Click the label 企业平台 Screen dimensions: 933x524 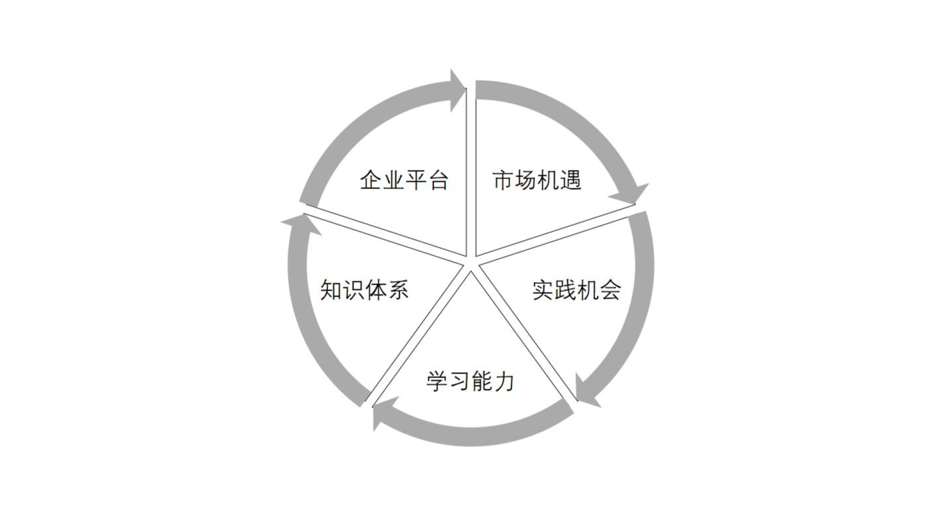404,180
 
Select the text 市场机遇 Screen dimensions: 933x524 537,180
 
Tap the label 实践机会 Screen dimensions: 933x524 576,290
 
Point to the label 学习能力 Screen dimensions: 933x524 470,381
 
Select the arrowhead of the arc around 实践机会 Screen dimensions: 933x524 586,392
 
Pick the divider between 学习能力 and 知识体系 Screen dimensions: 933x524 417,334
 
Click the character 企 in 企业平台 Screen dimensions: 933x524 371,180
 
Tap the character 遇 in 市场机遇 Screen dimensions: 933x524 571,180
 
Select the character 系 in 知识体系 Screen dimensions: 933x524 398,290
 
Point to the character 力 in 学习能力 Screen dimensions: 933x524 504,381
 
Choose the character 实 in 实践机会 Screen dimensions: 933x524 543,290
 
